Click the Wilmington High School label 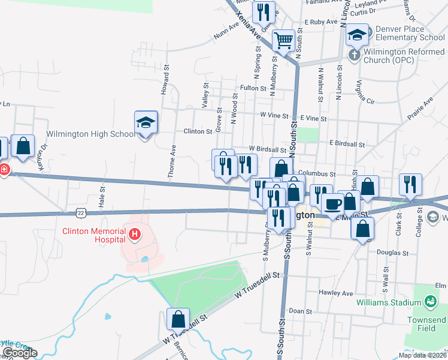coord(91,134)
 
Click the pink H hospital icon coord(135,233)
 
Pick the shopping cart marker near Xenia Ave coord(283,41)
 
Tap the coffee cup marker coord(332,205)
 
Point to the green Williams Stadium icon coord(430,301)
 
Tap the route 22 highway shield coord(89,212)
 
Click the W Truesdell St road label coord(258,285)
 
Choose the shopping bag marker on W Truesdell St coord(178,319)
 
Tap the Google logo coord(19,353)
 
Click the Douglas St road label coord(393,253)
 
